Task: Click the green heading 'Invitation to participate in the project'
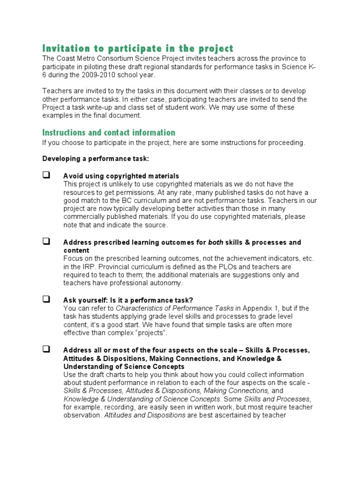coord(137,49)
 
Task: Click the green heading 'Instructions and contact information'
coord(109,133)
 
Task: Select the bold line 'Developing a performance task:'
coord(96,159)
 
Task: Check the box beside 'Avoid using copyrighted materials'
coord(46,175)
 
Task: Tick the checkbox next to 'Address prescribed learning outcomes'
coord(46,242)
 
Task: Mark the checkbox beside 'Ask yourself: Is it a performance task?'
coord(46,300)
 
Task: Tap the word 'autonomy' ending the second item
coord(167,283)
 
